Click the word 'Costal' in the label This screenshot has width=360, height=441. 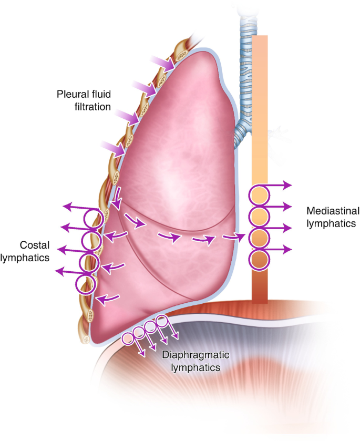click(x=35, y=245)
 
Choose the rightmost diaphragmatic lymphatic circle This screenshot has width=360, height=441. click(x=162, y=322)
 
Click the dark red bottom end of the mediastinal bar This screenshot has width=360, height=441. click(x=260, y=292)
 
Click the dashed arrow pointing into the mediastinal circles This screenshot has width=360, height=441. click(x=235, y=237)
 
